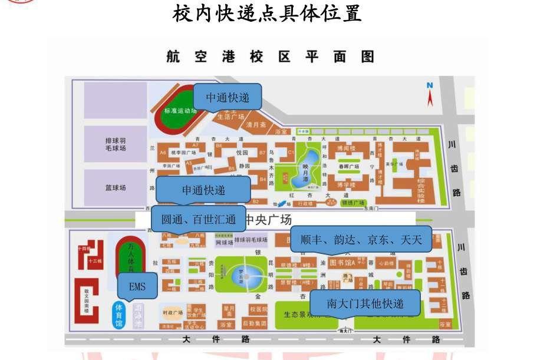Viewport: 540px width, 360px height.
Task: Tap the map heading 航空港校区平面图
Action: [270, 57]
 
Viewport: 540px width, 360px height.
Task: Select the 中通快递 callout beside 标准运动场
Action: [227, 98]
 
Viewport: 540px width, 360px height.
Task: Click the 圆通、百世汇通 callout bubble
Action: [198, 219]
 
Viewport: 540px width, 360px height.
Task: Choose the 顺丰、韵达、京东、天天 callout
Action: [361, 239]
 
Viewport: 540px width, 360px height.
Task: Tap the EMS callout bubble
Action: [137, 287]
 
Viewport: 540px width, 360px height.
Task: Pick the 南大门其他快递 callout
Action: [365, 303]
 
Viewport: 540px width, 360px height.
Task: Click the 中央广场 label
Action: [269, 220]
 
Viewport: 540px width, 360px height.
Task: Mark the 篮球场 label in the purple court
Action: [116, 188]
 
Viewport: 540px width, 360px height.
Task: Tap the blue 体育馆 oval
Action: [119, 316]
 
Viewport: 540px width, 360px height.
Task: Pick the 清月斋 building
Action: [257, 125]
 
